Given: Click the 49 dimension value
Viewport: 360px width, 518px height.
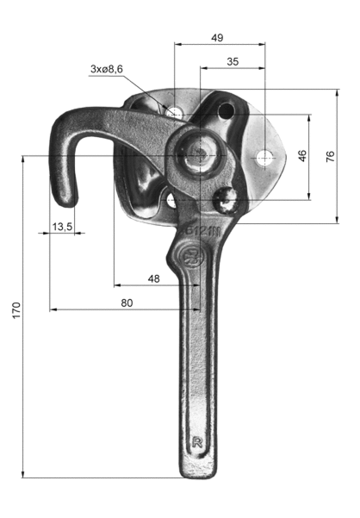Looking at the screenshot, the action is click(x=217, y=38).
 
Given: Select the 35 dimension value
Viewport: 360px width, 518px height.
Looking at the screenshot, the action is click(x=233, y=61).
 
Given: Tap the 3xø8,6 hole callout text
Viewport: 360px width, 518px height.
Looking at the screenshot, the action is click(x=107, y=69).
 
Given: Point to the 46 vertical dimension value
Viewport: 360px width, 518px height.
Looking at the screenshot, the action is click(x=302, y=156).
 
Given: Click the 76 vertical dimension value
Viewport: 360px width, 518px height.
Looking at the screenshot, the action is click(x=331, y=156).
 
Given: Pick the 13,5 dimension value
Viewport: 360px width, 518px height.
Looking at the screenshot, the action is click(x=62, y=227).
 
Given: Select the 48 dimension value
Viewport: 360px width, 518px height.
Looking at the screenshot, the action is click(x=154, y=278).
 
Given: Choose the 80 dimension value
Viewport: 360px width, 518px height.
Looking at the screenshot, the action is click(x=127, y=303).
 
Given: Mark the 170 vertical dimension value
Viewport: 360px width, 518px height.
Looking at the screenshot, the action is click(x=16, y=310).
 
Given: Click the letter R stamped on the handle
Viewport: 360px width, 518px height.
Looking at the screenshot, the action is click(x=197, y=442).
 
